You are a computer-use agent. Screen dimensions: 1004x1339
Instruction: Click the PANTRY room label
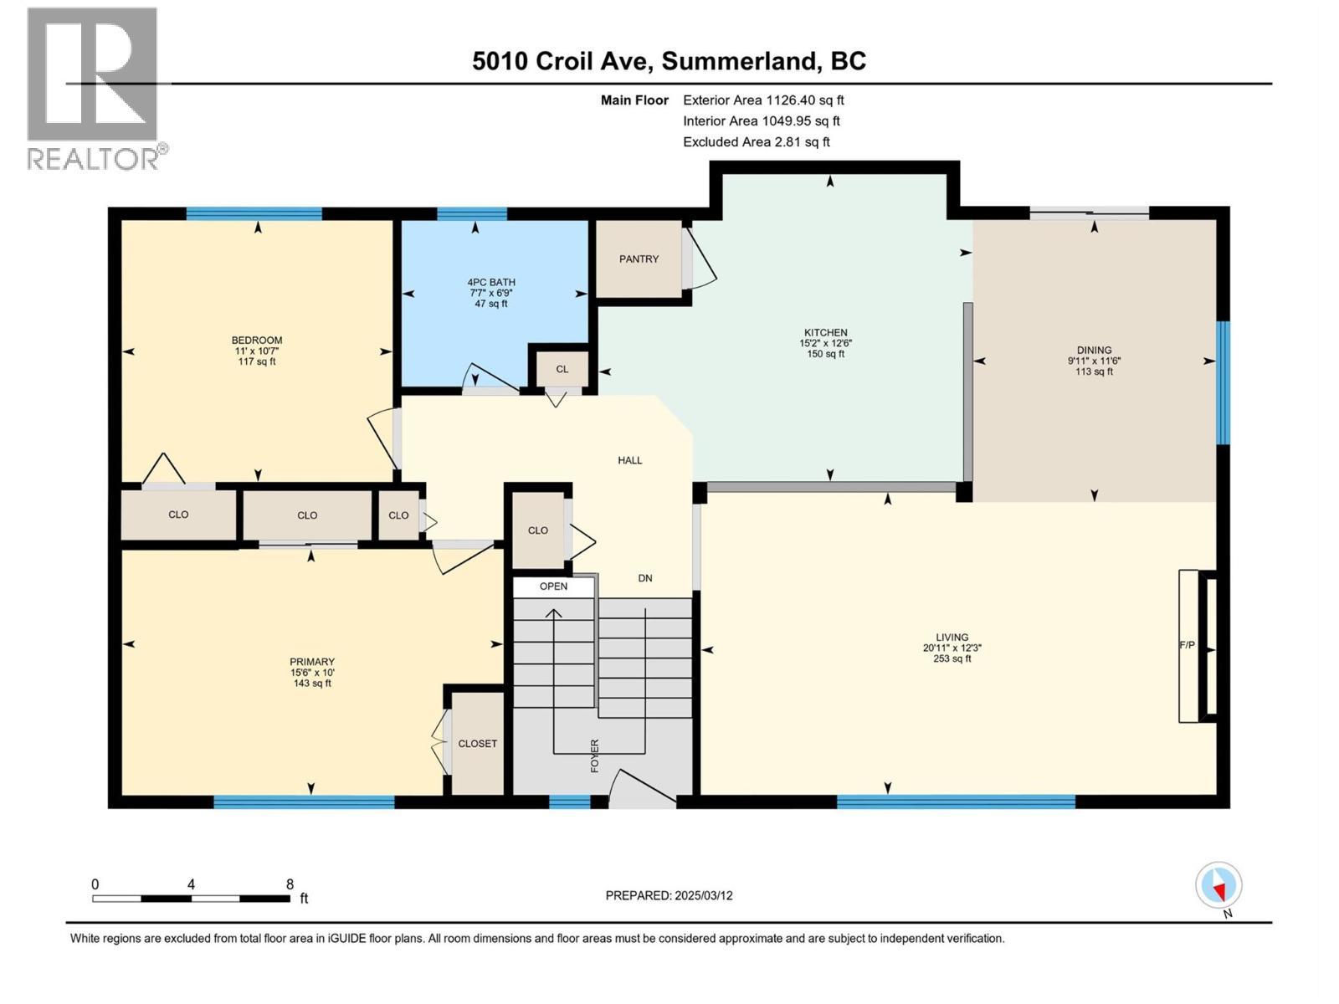coord(639,259)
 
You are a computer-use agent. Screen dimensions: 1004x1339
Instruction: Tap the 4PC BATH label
coord(491,283)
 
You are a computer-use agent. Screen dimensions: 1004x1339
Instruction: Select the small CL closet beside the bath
coord(562,369)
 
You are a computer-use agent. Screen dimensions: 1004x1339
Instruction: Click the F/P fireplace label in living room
coord(1187,645)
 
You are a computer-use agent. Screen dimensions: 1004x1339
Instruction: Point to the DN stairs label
coord(645,578)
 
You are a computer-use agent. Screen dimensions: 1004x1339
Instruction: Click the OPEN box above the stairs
coord(553,587)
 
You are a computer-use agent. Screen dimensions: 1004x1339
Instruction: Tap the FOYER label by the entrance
coord(595,755)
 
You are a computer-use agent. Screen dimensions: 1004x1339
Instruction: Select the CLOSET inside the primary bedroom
coord(477,744)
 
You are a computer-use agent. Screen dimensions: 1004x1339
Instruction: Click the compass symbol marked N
coord(1218,885)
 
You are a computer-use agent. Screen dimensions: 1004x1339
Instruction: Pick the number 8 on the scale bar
coord(290,884)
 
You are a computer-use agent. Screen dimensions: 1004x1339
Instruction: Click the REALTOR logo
coord(94,88)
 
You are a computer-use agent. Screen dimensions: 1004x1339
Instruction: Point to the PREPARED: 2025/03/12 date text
coord(669,895)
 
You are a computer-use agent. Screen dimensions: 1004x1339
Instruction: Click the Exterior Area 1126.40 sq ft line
coord(763,100)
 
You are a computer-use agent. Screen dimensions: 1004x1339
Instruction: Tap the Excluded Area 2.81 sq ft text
coord(757,142)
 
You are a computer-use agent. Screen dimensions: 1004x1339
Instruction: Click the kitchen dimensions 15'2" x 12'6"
coord(826,343)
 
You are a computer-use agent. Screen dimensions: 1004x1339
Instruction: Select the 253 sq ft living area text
coord(952,658)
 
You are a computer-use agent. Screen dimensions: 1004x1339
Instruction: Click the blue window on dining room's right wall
coord(1223,382)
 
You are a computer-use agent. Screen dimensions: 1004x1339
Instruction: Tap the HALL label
coord(630,460)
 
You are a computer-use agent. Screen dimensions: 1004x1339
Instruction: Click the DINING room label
coord(1094,351)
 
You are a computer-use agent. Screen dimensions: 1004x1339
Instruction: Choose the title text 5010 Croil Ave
coord(565,61)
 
